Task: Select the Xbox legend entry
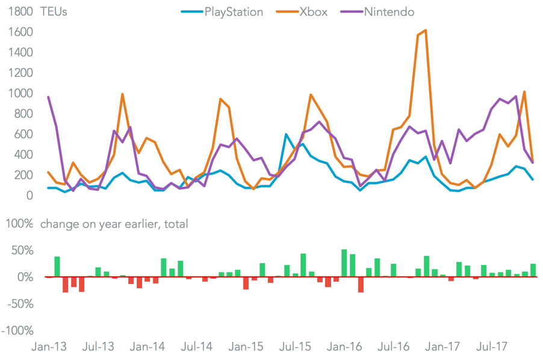313,12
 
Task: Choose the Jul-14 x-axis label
196,347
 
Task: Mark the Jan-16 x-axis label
344,347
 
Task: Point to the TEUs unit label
54,12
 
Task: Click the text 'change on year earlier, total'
114,224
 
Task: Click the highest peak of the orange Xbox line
426,30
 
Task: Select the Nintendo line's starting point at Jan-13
48,97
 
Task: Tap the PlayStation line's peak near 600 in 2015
286,134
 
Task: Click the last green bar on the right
533,270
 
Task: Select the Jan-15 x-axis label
246,347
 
